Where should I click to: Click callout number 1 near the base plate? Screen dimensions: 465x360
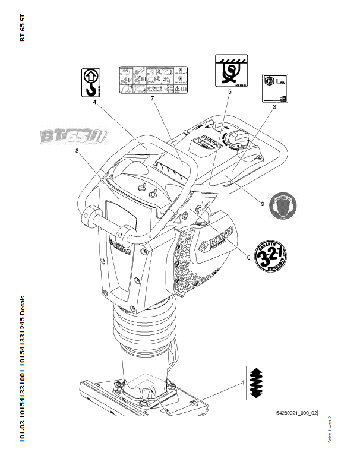(x=242, y=383)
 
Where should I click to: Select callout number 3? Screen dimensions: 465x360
(x=273, y=108)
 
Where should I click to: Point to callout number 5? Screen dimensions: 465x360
(x=229, y=93)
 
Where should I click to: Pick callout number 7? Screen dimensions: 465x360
(x=153, y=99)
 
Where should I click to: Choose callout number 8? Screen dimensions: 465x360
(x=77, y=151)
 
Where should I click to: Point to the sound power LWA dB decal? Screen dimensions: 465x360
(x=277, y=89)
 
